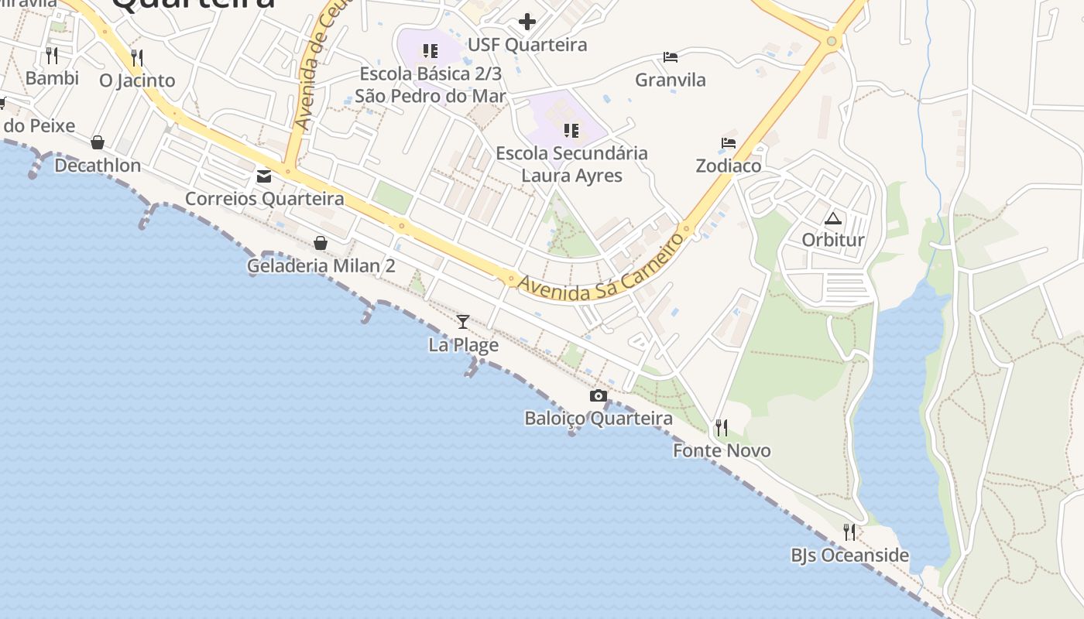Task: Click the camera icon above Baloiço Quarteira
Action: tap(598, 396)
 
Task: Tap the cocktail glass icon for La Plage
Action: tap(463, 321)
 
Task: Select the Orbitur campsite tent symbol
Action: tap(832, 218)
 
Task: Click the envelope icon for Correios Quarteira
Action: tap(264, 176)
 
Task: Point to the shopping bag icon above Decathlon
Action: tap(98, 142)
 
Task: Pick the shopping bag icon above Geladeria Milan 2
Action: tap(321, 243)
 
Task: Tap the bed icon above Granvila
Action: tap(671, 57)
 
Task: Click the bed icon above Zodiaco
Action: tap(729, 143)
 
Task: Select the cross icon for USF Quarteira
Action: tap(527, 22)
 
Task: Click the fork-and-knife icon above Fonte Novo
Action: tap(722, 427)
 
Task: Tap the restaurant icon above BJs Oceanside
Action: tap(849, 532)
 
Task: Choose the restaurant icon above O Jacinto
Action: tap(137, 57)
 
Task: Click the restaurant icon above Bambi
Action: tap(52, 55)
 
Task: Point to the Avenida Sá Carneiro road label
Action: tap(602, 267)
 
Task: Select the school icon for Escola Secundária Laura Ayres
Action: tap(571, 130)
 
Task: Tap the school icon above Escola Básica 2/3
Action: tap(430, 52)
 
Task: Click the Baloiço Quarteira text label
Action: tap(599, 419)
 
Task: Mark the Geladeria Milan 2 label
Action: tap(321, 266)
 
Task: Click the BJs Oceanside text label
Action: tap(849, 556)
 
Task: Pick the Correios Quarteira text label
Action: tap(265, 199)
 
